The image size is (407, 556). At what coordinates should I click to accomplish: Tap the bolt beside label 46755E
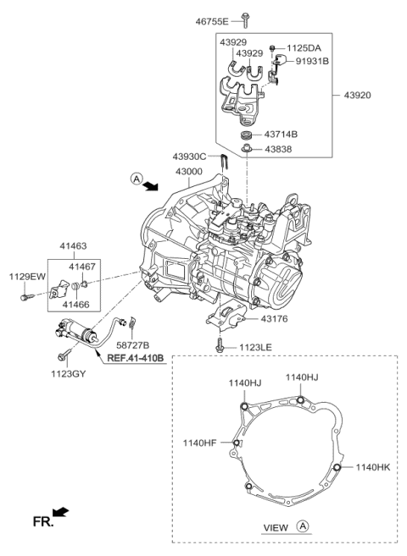pos(244,16)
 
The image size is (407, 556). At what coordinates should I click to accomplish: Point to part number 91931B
pos(313,61)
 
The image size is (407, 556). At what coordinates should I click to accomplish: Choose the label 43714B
pos(287,135)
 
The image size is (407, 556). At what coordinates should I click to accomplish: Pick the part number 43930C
pos(189,156)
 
